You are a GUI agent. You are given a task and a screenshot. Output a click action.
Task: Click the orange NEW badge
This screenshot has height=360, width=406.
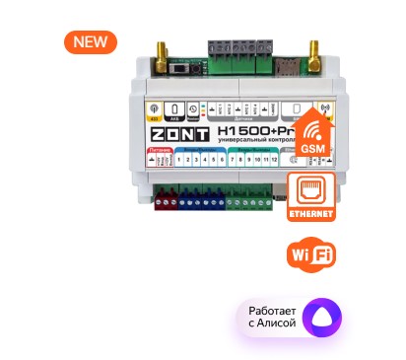pos(91,42)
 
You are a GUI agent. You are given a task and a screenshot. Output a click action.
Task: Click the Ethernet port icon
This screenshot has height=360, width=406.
pos(309,189)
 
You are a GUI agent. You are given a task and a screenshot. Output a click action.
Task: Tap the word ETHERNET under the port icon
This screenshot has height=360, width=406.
pos(309,213)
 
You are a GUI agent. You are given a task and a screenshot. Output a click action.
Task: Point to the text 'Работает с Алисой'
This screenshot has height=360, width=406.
pos(266,318)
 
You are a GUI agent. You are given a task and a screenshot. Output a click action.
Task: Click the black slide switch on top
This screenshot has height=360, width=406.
pos(181,70)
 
